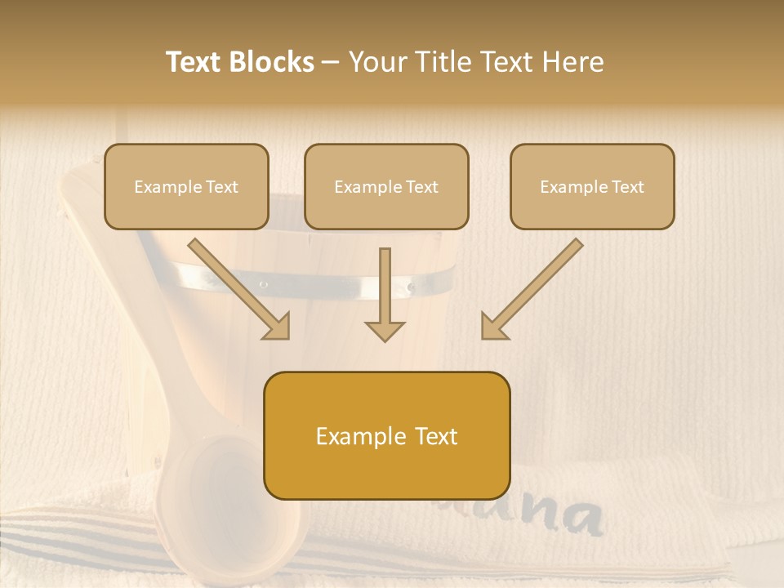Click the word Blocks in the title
click(272, 62)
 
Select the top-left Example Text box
click(186, 186)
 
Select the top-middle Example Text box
click(386, 186)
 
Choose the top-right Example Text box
click(592, 186)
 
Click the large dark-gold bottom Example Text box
click(386, 435)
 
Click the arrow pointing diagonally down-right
click(239, 289)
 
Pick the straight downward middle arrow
click(385, 294)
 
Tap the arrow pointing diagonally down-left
click(532, 289)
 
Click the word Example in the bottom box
click(350, 436)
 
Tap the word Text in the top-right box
click(627, 187)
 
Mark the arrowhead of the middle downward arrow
click(385, 330)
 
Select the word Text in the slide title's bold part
click(194, 62)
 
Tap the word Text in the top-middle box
click(421, 187)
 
